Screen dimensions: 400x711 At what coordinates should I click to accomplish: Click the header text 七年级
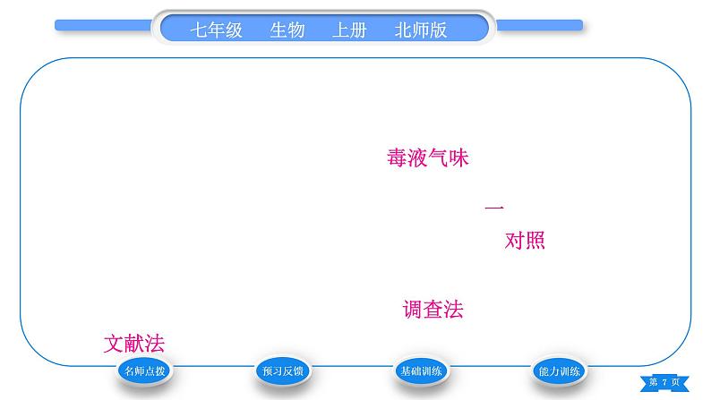click(x=217, y=30)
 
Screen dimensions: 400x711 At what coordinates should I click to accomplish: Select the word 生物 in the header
click(x=287, y=30)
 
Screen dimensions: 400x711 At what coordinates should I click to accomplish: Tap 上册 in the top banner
click(x=349, y=30)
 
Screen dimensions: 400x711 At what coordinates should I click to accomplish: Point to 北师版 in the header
click(x=420, y=30)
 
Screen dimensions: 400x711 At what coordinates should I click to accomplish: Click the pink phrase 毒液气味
click(x=428, y=158)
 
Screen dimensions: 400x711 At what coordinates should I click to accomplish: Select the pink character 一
click(x=494, y=208)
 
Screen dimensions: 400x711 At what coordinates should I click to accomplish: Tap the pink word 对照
click(x=525, y=241)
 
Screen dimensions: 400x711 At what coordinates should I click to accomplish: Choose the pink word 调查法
click(x=433, y=311)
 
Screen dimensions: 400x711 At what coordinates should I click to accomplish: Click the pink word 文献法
click(x=134, y=344)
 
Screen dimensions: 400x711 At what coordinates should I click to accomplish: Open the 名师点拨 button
click(x=143, y=370)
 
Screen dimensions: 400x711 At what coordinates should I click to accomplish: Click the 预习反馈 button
click(x=282, y=370)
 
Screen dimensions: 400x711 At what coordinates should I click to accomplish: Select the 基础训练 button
click(x=421, y=370)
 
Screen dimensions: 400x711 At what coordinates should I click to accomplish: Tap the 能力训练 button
click(x=558, y=370)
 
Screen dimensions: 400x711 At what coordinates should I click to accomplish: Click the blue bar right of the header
click(x=538, y=26)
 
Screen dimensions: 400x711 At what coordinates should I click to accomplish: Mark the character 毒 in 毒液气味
click(x=397, y=158)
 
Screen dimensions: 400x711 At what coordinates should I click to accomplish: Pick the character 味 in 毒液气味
click(x=459, y=158)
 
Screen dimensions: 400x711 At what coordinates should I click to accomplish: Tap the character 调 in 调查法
click(x=413, y=311)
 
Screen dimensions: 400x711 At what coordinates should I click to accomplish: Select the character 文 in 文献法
click(x=114, y=344)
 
